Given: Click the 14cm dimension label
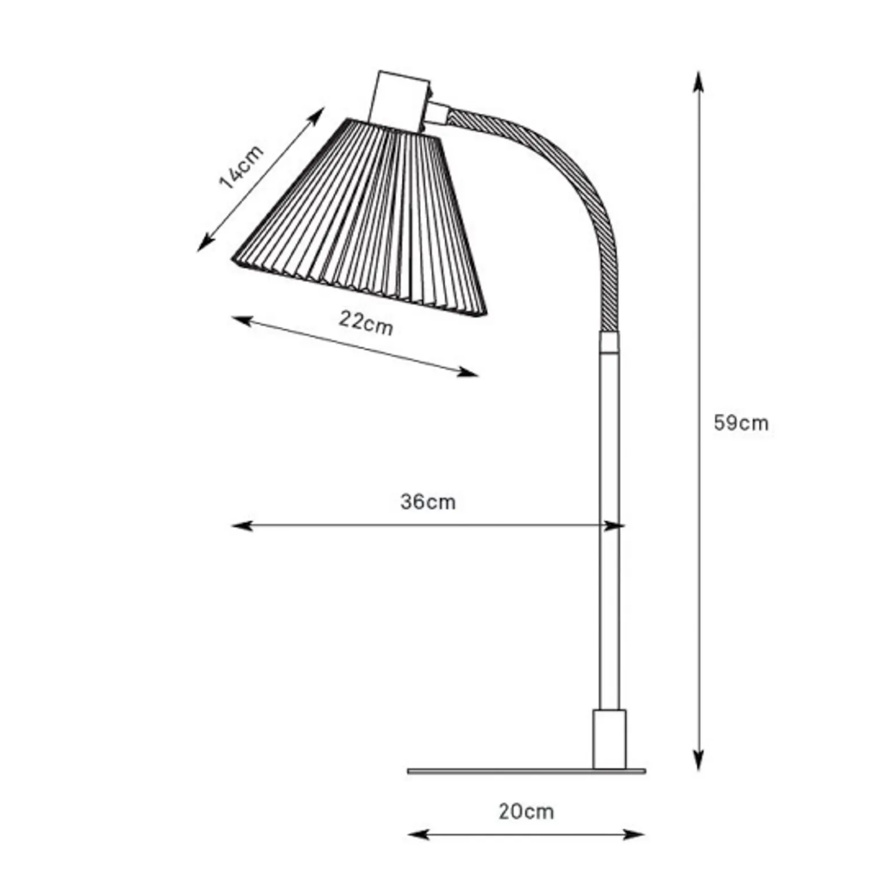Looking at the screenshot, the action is [242, 167].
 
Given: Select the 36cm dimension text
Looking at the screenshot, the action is [428, 502].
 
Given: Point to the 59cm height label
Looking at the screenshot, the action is [741, 423].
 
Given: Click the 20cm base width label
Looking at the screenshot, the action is [526, 811].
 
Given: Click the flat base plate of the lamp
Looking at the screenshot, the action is [526, 771].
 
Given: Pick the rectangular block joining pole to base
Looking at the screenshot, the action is [609, 739].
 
